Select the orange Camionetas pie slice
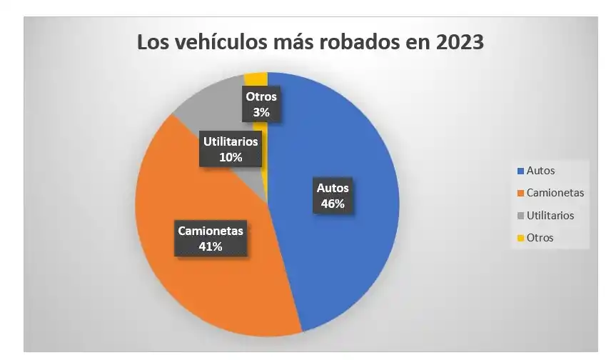[x=214, y=286]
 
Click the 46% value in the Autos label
[x=333, y=204]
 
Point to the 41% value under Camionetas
[x=211, y=246]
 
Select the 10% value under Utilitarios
[x=229, y=156]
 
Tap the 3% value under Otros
[x=261, y=111]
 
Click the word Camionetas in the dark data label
[x=211, y=231]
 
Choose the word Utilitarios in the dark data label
[x=229, y=141]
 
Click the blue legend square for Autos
[x=520, y=171]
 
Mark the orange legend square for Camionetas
[x=520, y=193]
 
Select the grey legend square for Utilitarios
[x=520, y=216]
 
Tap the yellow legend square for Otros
[x=520, y=238]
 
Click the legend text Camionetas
[x=555, y=193]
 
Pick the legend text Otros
[x=540, y=238]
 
